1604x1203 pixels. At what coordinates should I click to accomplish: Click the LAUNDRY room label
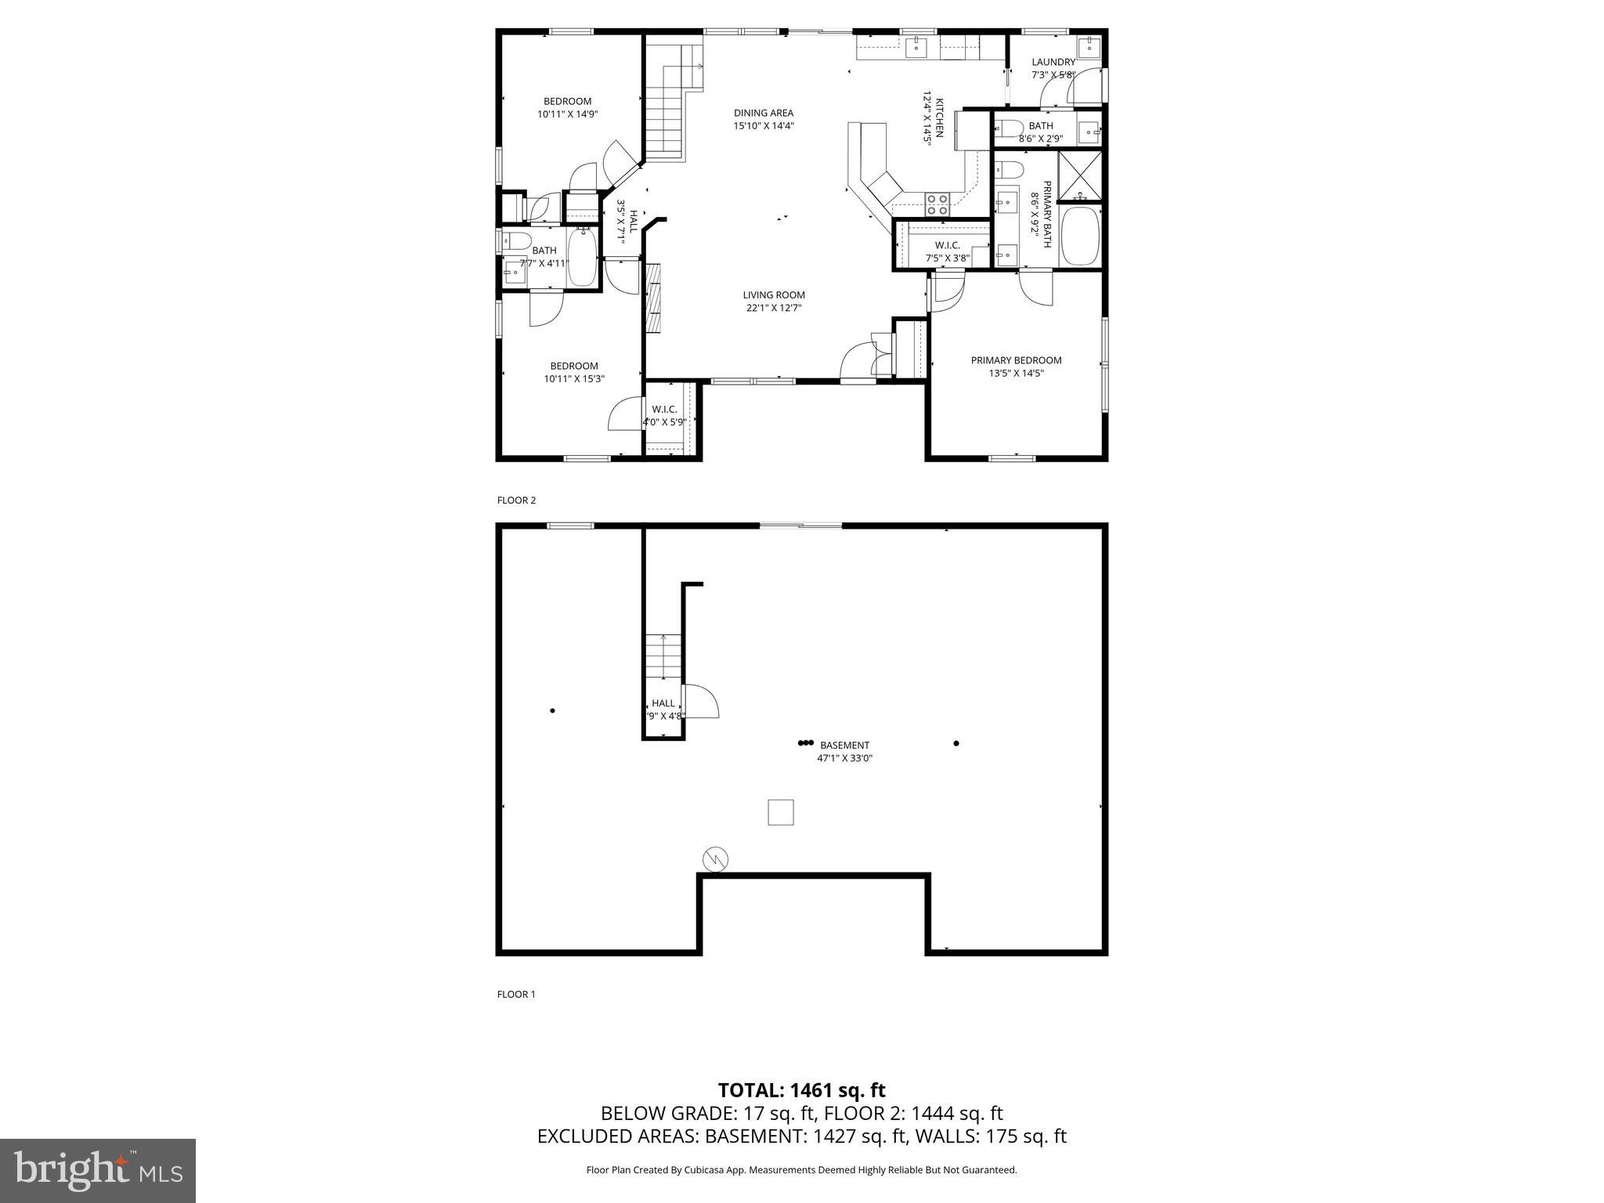tap(1053, 63)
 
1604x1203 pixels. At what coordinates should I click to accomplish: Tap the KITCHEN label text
tap(938, 118)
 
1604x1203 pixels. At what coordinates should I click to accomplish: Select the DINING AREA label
tap(763, 113)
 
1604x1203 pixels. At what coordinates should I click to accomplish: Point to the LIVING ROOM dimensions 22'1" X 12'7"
tap(773, 308)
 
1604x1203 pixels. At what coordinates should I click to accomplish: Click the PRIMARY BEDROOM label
tap(1016, 360)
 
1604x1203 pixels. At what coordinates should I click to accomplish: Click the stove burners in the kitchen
tap(937, 204)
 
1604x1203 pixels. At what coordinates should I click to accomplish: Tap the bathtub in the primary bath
tap(1080, 236)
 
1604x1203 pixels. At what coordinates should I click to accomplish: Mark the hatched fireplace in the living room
tap(653, 298)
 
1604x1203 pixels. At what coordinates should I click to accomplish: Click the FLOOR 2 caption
tap(516, 500)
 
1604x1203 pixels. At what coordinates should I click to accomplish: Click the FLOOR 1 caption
tap(516, 995)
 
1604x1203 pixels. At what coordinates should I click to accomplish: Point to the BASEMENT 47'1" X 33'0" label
tap(844, 751)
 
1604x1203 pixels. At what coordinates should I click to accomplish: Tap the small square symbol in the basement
tap(780, 812)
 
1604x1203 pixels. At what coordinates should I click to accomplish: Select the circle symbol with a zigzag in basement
tap(715, 859)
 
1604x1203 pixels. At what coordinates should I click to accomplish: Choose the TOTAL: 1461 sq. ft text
tap(801, 1090)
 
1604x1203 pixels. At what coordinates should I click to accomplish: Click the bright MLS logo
tap(98, 1170)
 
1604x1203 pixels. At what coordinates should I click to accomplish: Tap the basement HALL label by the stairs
tap(663, 703)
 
